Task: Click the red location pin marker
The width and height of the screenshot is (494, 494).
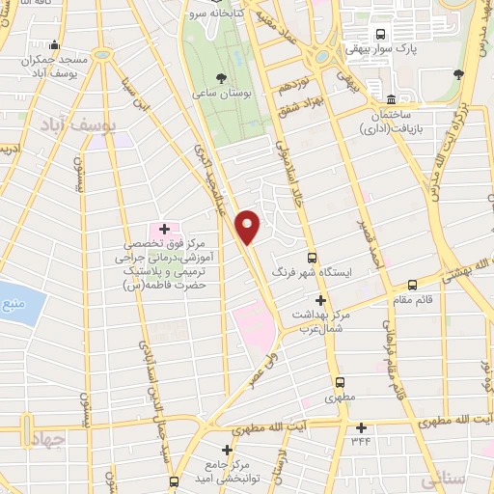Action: pyautogui.click(x=248, y=226)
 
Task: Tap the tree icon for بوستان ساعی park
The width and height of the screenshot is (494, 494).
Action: pyautogui.click(x=223, y=78)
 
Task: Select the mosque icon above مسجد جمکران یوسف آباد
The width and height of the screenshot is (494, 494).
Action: pyautogui.click(x=54, y=44)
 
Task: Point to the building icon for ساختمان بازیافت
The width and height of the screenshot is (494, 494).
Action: pyautogui.click(x=391, y=99)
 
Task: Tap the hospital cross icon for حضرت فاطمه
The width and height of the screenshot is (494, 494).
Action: pyautogui.click(x=164, y=230)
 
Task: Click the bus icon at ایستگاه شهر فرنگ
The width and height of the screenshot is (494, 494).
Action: pyautogui.click(x=312, y=258)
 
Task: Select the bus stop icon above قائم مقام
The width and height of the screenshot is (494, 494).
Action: pyautogui.click(x=413, y=285)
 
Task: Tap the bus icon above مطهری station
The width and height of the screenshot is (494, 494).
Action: pyautogui.click(x=339, y=381)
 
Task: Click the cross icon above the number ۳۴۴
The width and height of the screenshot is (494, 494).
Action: pyautogui.click(x=362, y=427)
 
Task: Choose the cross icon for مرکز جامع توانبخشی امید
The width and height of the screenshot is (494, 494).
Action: pyautogui.click(x=228, y=450)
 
